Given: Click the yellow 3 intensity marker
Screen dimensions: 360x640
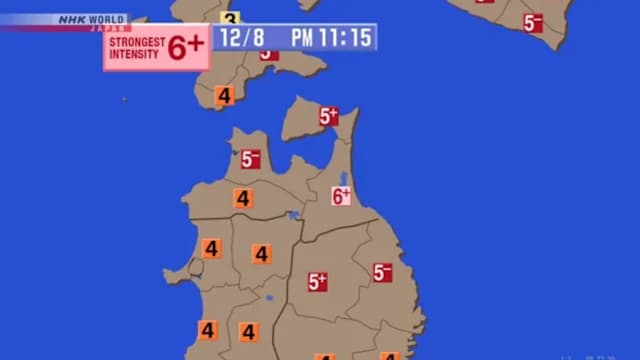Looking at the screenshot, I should [x=230, y=18].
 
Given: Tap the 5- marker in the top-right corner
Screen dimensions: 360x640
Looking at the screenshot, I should [x=532, y=22].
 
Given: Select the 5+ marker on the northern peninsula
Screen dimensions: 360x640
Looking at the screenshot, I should [x=329, y=117].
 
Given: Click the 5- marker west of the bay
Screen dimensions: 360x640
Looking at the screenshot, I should [x=250, y=159].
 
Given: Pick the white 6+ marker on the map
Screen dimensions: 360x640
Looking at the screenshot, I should [x=342, y=196].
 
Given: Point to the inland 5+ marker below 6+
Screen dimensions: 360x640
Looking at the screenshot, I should [x=318, y=282].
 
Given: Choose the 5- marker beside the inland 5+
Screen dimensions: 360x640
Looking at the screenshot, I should [x=382, y=272].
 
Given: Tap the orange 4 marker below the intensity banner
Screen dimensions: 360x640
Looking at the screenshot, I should [x=224, y=97].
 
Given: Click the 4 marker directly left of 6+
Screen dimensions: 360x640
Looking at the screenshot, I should [x=243, y=198].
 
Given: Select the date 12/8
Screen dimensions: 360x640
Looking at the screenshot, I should [x=244, y=37].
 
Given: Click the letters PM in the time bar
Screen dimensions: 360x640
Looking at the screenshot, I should [x=302, y=37].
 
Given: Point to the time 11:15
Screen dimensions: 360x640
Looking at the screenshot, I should [x=347, y=37].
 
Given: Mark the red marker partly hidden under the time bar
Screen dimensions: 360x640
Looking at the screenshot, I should [x=268, y=54].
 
